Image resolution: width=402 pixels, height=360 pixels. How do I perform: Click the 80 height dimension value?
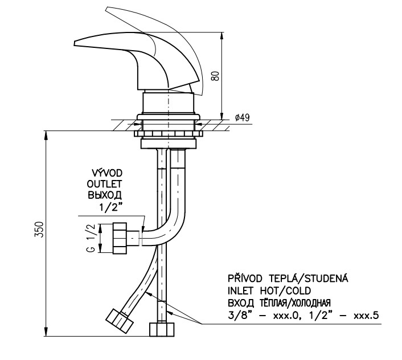[216, 76]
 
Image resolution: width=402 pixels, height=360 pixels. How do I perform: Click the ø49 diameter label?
[242, 118]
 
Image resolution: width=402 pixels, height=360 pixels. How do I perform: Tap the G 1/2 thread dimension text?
[92, 238]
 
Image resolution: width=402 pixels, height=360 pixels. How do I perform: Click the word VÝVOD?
[107, 173]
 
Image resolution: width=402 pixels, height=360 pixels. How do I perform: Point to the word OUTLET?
[104, 184]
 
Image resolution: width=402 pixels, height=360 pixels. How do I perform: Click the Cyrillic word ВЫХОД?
[105, 195]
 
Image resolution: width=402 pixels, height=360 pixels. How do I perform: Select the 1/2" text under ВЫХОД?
[110, 207]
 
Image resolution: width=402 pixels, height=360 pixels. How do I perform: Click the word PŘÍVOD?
[245, 278]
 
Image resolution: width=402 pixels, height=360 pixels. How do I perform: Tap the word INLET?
[240, 291]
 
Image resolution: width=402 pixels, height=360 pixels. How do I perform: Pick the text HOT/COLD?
[285, 291]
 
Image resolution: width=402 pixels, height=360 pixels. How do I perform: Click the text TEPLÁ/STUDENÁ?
[309, 278]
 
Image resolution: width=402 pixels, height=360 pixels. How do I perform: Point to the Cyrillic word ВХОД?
[241, 303]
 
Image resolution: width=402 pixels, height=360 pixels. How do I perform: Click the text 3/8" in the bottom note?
[237, 316]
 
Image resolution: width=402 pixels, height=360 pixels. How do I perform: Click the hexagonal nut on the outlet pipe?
[120, 238]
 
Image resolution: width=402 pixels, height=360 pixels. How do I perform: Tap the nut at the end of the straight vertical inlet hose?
[162, 329]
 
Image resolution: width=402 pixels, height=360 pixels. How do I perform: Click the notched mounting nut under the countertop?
[168, 134]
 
